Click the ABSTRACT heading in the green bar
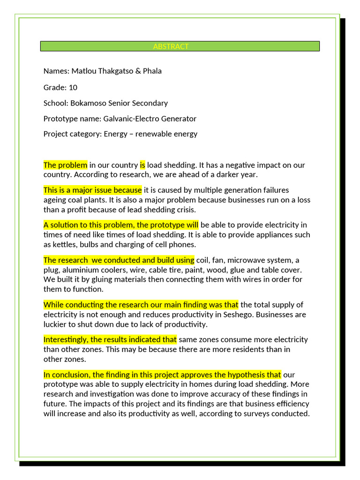171,46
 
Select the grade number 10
73,88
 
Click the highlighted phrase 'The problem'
65,165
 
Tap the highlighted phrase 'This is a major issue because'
92,190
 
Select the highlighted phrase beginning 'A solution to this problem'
121,225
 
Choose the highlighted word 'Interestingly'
66,339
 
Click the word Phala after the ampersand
152,71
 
